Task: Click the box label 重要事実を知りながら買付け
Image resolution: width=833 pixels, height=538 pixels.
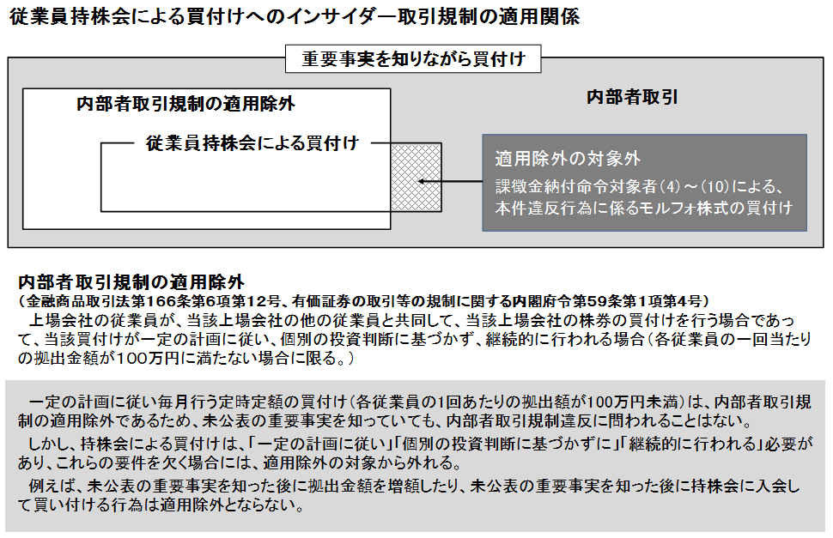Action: [413, 59]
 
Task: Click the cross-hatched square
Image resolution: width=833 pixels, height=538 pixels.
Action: [416, 182]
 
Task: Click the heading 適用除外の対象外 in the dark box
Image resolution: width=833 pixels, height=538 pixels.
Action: [568, 159]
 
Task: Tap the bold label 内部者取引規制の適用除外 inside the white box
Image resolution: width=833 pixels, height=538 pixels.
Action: [185, 105]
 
